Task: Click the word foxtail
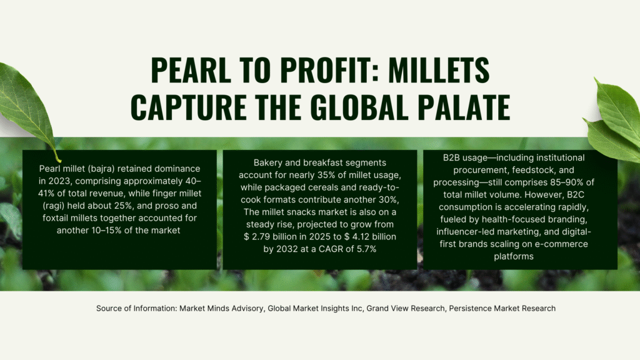coord(56,218)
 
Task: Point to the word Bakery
coord(267,163)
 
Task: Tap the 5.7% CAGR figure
coord(366,249)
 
